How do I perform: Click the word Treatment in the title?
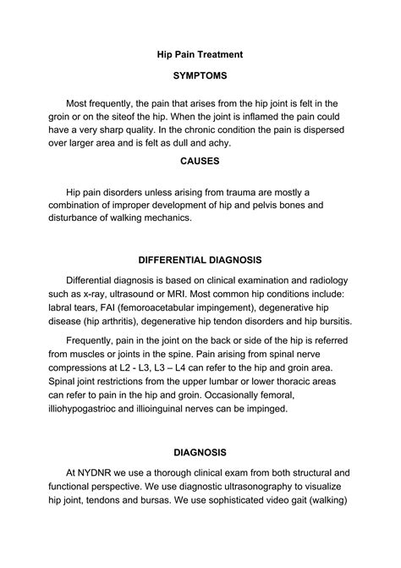click(222, 53)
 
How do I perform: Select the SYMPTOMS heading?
click(200, 76)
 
